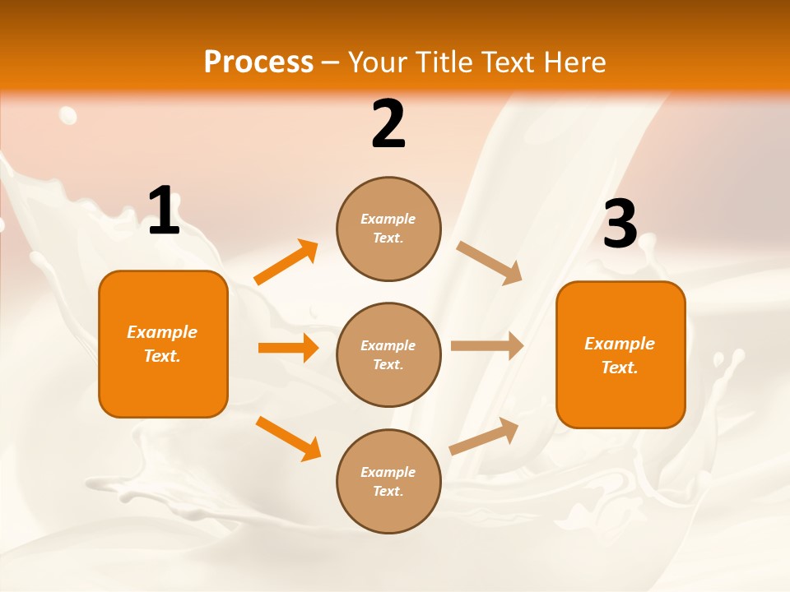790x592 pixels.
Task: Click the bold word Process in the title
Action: tap(258, 62)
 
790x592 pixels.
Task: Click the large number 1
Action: tap(164, 211)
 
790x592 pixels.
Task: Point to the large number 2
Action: tap(388, 124)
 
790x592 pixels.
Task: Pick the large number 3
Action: tap(620, 224)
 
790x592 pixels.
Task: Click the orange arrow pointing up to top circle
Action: tap(286, 262)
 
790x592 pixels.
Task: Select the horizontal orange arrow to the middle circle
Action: tap(288, 348)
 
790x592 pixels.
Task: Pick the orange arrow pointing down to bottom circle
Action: tap(288, 437)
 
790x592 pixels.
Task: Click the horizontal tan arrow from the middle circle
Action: tap(486, 346)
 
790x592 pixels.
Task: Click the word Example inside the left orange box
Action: tap(162, 332)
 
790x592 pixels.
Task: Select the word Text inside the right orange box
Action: tap(620, 368)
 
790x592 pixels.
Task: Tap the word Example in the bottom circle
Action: tap(388, 472)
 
